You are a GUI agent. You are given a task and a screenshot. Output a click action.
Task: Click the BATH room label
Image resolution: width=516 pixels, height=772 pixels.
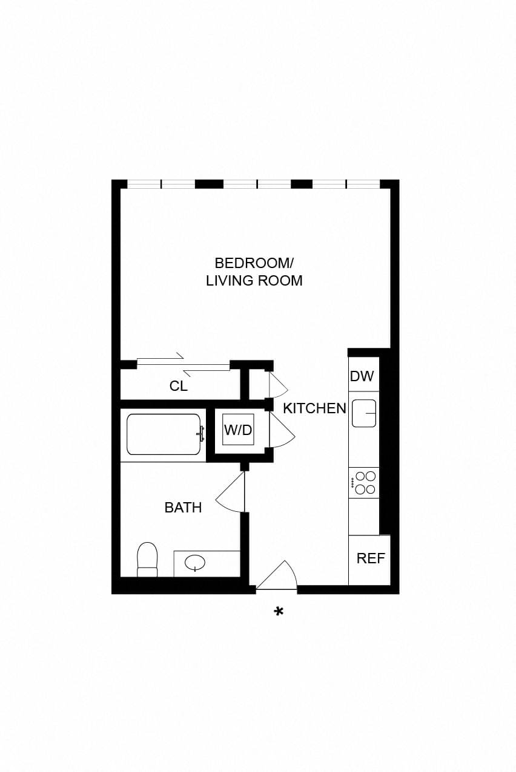pos(183,508)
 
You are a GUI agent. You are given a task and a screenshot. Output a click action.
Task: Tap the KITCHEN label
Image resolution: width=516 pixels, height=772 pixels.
pos(314,408)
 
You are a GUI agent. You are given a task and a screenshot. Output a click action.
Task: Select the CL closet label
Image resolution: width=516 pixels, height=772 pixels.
pos(178,386)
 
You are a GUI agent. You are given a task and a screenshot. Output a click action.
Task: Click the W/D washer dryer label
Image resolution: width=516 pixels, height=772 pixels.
pos(238,430)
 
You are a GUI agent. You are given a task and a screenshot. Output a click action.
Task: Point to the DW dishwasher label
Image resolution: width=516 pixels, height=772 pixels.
pos(362,376)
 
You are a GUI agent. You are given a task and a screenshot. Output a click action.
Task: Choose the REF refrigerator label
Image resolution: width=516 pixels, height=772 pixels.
pos(371,558)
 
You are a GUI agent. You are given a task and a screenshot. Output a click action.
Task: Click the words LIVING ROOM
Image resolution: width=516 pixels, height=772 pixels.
pos(254,281)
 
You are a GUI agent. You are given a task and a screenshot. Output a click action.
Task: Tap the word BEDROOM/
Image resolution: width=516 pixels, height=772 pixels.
pos(254,263)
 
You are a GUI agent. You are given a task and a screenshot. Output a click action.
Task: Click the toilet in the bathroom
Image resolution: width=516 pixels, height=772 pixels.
pos(147,560)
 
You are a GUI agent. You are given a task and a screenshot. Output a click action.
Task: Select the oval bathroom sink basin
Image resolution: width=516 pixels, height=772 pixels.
pos(195,563)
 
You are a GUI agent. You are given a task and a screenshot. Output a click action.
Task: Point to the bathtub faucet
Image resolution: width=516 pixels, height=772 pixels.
pos(200,434)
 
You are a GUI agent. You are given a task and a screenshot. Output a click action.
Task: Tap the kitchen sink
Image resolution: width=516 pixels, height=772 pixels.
pos(364,413)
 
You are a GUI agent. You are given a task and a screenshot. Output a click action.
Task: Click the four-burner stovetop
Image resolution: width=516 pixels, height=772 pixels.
pos(364,483)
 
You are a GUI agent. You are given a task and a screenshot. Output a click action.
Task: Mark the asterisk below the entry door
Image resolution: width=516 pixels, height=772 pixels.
pos(279,612)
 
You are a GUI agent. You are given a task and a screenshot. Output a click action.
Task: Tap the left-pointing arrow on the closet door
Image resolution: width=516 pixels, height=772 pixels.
pos(207,372)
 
